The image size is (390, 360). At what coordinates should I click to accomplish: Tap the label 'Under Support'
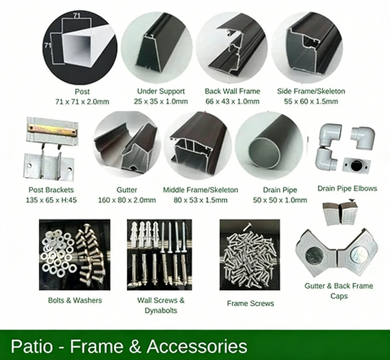point(161,91)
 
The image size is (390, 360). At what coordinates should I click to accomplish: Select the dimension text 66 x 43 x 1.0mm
point(232,101)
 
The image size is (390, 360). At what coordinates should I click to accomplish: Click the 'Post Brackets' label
point(51,190)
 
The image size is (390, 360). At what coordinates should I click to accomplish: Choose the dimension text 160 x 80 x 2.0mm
point(127,200)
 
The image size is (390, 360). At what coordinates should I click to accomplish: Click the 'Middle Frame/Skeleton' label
point(200,190)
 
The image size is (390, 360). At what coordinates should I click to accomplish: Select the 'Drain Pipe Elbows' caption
point(347,189)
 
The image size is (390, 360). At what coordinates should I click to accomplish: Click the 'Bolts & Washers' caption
point(75,300)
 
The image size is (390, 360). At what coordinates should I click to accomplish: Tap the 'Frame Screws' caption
point(250,303)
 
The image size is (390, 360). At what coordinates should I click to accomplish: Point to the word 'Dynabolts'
point(161,310)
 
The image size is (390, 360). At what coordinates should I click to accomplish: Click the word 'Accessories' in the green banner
point(197,346)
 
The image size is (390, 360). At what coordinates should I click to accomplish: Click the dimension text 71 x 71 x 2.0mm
point(82,102)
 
